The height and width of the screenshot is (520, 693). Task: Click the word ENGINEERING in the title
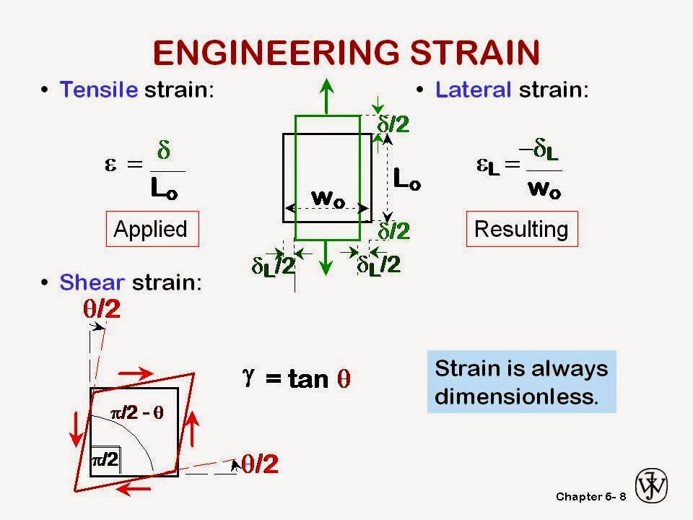pos(271,52)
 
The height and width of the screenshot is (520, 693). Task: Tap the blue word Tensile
pos(99,90)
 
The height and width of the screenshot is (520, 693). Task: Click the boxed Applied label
pos(151,229)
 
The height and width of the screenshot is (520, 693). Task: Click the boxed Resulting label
pos(521,229)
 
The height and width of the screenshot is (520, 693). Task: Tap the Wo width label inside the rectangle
pos(326,196)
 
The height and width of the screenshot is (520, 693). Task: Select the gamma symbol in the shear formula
pos(250,376)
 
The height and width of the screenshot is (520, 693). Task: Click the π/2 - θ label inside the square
pos(137,412)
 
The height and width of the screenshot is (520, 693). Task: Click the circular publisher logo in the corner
pos(651,485)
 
